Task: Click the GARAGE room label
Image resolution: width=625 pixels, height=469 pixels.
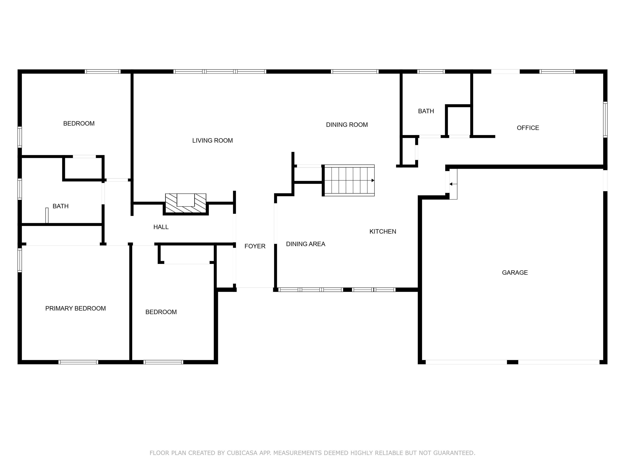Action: [515, 273]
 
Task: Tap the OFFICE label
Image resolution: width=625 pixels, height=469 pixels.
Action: [528, 128]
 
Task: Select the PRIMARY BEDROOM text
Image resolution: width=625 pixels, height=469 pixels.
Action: [75, 308]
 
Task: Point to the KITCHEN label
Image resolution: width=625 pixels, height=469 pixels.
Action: [382, 231]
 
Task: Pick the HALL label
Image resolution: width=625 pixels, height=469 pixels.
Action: [161, 227]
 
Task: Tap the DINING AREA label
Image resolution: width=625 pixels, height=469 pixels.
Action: [305, 244]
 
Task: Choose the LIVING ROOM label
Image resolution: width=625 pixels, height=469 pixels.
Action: [212, 140]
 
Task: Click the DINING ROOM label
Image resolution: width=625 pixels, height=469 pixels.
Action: [347, 125]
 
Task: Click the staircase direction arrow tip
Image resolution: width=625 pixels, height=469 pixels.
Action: [373, 180]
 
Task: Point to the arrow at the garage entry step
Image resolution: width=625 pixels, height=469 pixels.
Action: [451, 184]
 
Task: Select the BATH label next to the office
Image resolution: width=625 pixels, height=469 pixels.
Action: [426, 111]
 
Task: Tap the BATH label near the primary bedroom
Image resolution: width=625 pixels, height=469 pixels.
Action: [60, 206]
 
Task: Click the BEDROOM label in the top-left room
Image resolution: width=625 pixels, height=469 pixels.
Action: [79, 124]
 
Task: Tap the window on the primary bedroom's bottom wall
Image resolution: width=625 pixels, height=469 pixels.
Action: [78, 362]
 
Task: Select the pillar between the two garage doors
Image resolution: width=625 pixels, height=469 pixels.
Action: [512, 362]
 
